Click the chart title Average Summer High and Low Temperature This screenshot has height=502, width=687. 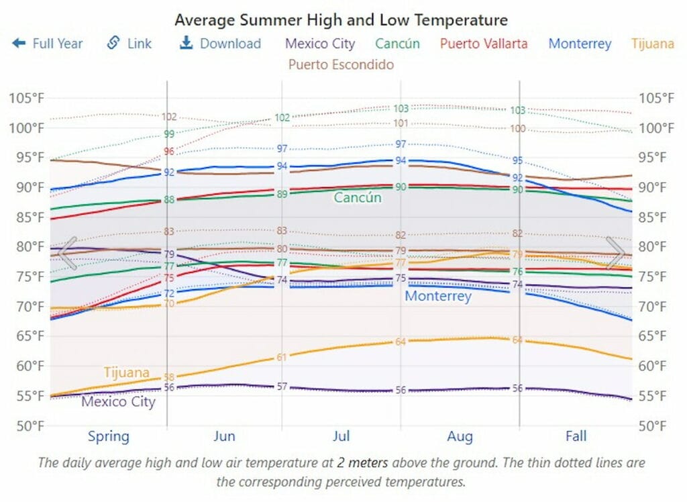click(x=341, y=19)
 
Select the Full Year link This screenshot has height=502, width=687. click(x=48, y=44)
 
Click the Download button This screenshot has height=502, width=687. click(x=221, y=44)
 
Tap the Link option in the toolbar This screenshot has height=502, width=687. click(x=129, y=44)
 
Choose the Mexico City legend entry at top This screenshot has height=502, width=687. click(x=320, y=44)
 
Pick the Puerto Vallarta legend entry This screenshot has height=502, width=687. click(x=484, y=44)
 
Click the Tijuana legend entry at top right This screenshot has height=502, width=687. click(x=652, y=44)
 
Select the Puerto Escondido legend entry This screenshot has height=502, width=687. click(x=341, y=64)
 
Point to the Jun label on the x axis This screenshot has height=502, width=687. click(x=224, y=436)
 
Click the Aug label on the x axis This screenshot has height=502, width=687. click(x=460, y=436)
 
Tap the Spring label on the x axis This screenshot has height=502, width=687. click(x=108, y=436)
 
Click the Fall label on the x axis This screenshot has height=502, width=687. click(x=576, y=436)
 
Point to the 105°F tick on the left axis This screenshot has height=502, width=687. click(x=26, y=98)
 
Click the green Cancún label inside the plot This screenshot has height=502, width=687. click(x=358, y=197)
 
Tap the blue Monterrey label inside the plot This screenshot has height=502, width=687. click(x=438, y=296)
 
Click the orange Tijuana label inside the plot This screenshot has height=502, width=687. click(x=126, y=372)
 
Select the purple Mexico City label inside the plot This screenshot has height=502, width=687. click(x=118, y=402)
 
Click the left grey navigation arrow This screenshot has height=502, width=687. click(x=67, y=252)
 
